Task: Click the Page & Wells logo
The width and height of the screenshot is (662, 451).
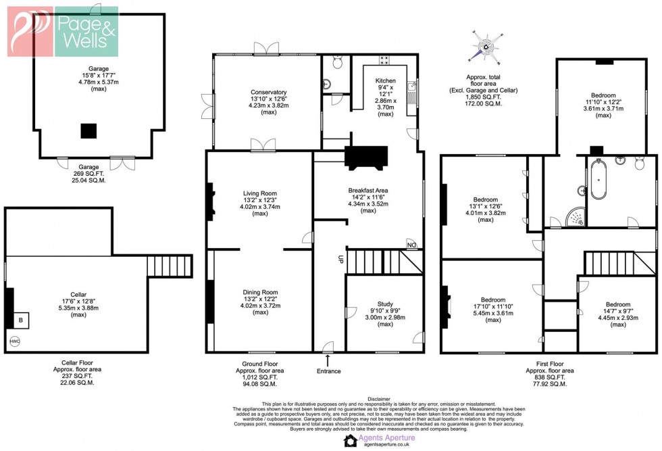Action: tap(63, 31)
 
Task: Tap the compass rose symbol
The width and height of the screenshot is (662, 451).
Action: tap(485, 47)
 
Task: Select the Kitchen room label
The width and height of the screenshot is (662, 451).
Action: tap(385, 80)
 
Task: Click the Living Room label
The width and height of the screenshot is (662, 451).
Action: tap(260, 193)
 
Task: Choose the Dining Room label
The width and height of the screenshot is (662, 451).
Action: tap(260, 292)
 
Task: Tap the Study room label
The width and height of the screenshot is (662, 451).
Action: tap(384, 304)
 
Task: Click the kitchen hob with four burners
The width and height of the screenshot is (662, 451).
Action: tap(384, 60)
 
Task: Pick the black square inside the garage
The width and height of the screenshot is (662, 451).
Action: tap(88, 130)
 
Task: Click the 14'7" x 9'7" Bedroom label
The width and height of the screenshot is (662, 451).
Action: tap(617, 304)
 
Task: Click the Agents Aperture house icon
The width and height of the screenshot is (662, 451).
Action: tap(350, 441)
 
